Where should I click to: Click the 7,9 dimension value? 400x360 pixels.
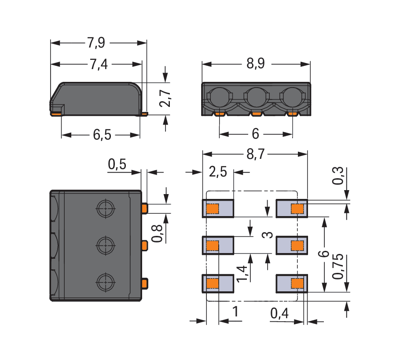click(96, 43)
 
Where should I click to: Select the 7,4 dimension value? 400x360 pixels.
click(98, 65)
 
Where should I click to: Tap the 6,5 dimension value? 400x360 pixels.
click(102, 135)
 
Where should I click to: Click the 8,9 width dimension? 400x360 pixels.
click(255, 64)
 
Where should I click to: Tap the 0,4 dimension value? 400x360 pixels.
click(279, 313)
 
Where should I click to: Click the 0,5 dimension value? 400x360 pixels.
click(117, 165)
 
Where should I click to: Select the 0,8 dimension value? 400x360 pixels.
click(157, 233)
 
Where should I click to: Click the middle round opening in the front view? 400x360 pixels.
click(254, 97)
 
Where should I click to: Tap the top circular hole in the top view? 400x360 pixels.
click(105, 208)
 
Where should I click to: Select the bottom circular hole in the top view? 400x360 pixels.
click(105, 281)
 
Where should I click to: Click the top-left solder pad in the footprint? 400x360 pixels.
click(218, 209)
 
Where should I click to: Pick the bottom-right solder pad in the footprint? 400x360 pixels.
click(292, 283)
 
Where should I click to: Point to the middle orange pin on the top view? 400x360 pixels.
click(145, 245)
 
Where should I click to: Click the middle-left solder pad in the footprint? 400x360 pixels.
click(218, 246)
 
